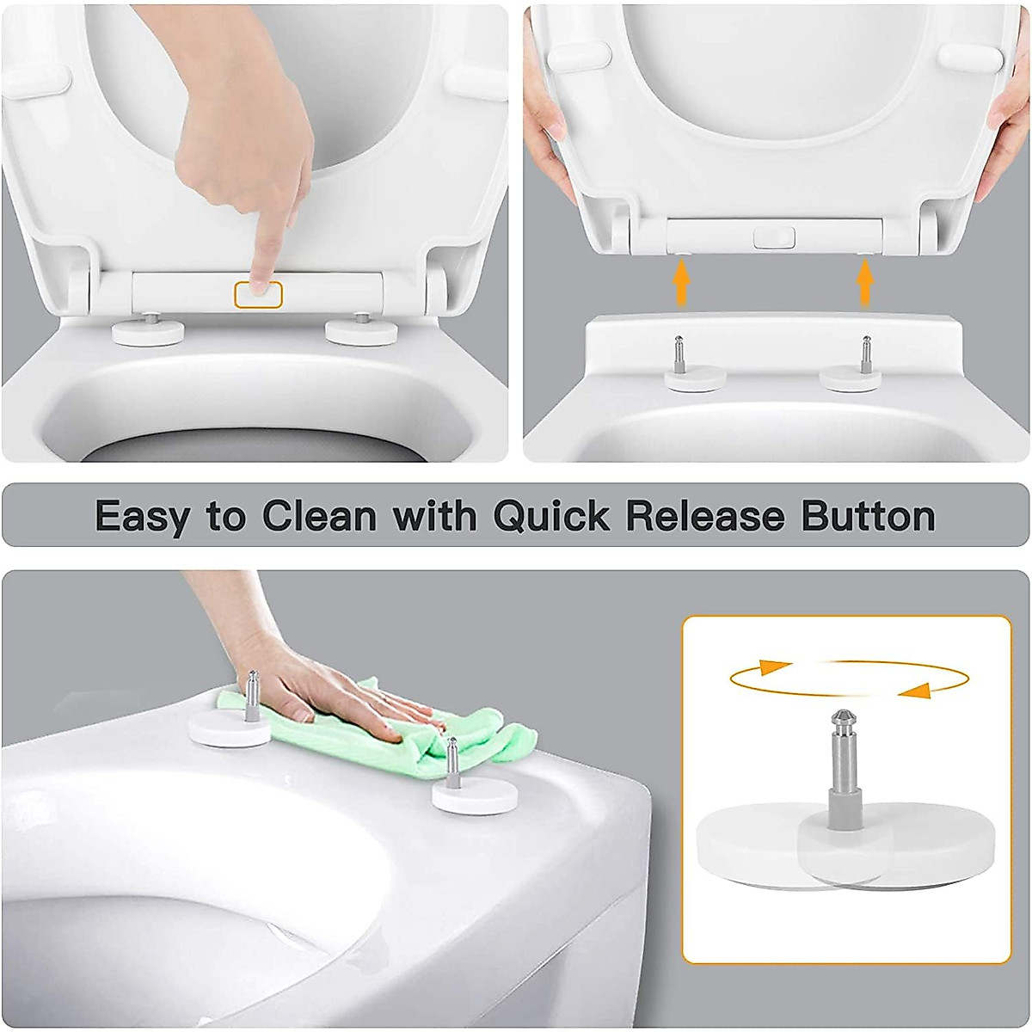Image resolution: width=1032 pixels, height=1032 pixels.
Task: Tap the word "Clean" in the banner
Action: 319,516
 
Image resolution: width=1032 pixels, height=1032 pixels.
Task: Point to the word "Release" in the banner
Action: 704,516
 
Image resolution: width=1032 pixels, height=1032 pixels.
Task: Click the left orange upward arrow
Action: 681,284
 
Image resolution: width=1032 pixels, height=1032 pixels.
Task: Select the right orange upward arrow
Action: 865,284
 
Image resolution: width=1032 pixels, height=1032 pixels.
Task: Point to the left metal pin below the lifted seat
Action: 679,353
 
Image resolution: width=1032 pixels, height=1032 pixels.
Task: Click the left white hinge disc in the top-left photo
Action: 148,333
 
